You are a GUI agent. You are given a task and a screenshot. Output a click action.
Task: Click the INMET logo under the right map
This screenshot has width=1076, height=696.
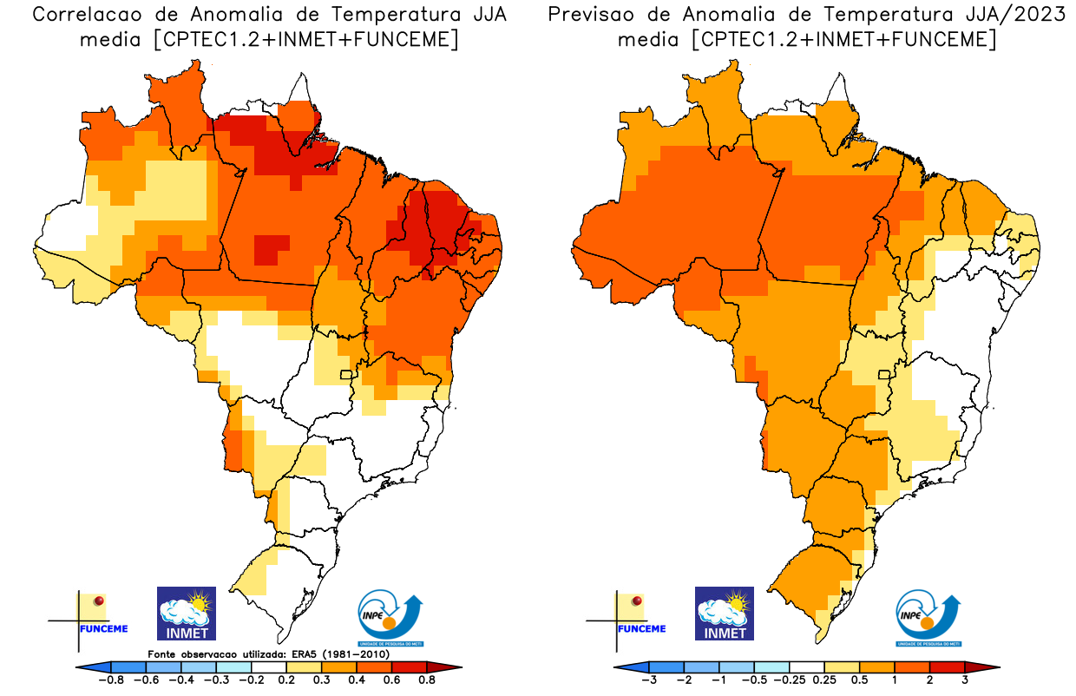click(725, 613)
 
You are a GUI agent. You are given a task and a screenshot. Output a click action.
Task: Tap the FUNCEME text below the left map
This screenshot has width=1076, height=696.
click(103, 628)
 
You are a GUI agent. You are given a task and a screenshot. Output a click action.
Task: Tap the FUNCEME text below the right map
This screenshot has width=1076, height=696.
click(642, 628)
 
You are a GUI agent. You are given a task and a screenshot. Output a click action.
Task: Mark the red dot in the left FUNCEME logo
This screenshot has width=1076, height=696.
click(99, 601)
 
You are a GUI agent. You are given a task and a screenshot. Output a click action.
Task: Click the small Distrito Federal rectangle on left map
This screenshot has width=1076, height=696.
click(346, 375)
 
